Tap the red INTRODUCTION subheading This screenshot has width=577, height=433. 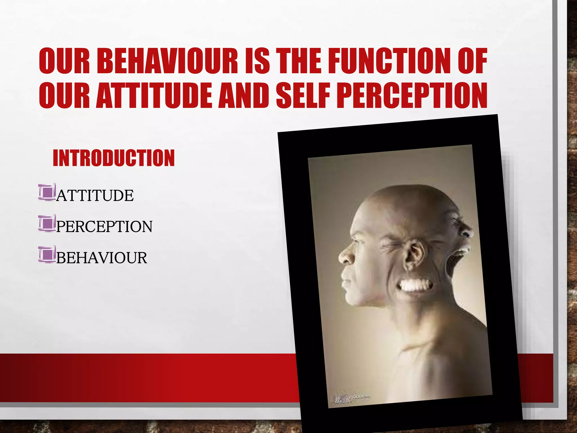point(114,158)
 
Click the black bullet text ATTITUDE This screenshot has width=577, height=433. point(95,196)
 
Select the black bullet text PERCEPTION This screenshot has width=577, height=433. point(104,227)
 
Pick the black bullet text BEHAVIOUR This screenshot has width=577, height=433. point(102,258)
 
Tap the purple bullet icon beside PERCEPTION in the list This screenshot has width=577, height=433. point(46,224)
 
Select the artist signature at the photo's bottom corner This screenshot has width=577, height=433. point(349,398)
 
